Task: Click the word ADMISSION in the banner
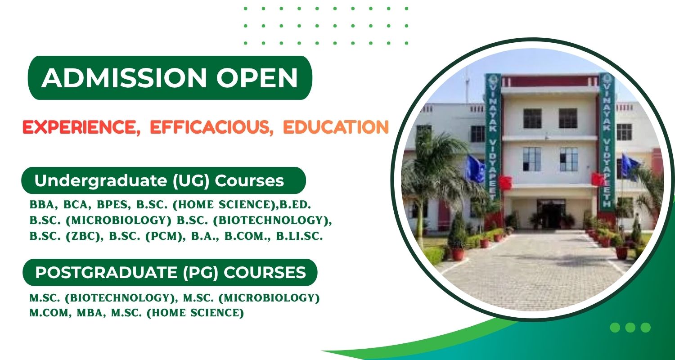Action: click(124, 78)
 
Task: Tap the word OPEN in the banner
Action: click(257, 78)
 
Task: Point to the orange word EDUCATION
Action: click(336, 127)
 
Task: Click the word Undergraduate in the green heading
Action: click(101, 181)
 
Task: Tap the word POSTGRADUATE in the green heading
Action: click(106, 272)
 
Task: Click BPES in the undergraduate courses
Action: click(114, 205)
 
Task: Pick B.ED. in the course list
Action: click(295, 205)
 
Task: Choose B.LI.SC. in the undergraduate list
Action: click(300, 236)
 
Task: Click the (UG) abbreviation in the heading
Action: click(191, 181)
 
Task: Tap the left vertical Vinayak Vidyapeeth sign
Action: click(493, 137)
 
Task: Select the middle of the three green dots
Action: click(630, 328)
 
